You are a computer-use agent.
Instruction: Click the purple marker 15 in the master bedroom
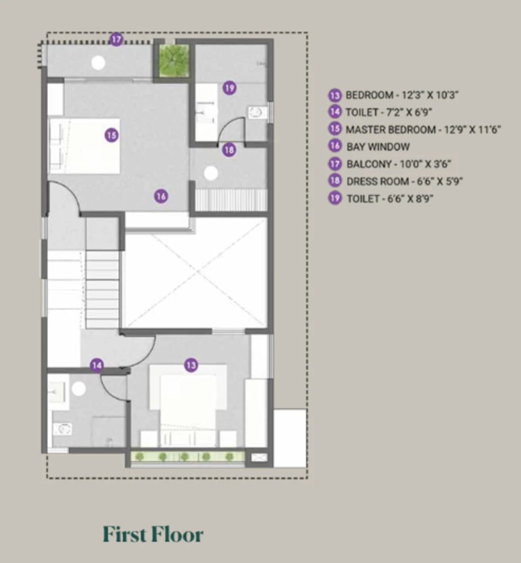[x=112, y=135]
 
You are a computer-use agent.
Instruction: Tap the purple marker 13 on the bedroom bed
[x=191, y=365]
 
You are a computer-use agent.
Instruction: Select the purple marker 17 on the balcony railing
[x=116, y=39]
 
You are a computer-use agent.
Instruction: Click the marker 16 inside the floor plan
[x=161, y=196]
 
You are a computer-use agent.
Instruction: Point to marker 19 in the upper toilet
[x=229, y=87]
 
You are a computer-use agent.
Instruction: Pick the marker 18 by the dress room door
[x=229, y=149]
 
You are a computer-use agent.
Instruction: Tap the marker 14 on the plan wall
[x=97, y=365]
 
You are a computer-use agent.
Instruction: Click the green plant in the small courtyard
[x=174, y=60]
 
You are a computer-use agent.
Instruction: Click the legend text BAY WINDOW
[x=378, y=146]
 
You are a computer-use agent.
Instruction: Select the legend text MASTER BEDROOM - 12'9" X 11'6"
[x=423, y=129]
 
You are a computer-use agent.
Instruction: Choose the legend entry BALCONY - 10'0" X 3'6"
[x=398, y=164]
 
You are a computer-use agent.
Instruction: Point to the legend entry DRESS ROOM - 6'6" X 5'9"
[x=405, y=181]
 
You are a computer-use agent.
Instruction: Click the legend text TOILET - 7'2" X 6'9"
[x=389, y=112]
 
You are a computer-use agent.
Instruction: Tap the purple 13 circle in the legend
[x=335, y=95]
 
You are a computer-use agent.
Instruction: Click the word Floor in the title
[x=177, y=534]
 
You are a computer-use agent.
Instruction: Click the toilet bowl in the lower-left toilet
[x=63, y=429]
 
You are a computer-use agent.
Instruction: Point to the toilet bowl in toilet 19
[x=257, y=112]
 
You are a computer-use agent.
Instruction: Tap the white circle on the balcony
[x=98, y=63]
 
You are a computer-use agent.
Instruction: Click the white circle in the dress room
[x=211, y=173]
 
